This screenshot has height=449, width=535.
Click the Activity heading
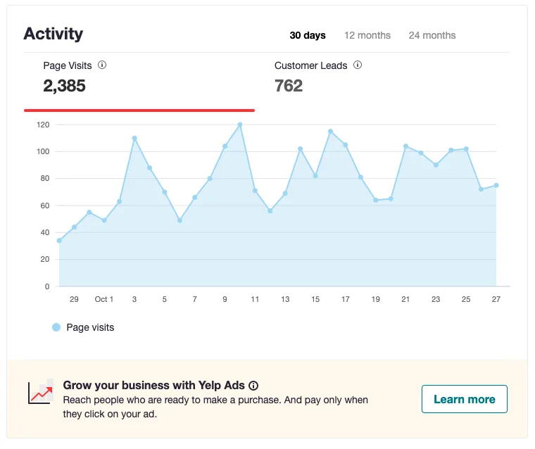[x=53, y=34]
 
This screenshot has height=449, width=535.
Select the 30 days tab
[x=308, y=35]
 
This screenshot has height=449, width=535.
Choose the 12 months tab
[x=367, y=35]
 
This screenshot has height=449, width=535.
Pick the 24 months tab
[x=432, y=35]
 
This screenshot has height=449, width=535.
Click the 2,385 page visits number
[x=65, y=86]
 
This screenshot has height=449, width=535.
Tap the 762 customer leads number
[x=289, y=86]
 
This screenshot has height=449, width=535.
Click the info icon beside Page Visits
[x=102, y=65]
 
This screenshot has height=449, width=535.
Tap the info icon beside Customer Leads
[x=358, y=65]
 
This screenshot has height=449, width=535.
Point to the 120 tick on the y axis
[x=43, y=125]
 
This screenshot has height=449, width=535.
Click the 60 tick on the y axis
[x=45, y=205]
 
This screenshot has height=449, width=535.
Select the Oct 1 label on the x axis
[x=104, y=299]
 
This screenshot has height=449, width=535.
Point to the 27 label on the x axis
[x=496, y=299]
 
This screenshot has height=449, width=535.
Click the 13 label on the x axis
[x=285, y=299]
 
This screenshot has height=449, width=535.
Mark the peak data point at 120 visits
[x=240, y=125]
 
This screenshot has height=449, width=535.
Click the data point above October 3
[x=134, y=138]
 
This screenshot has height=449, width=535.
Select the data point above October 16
[x=330, y=132]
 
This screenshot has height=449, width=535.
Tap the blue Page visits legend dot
[x=56, y=327]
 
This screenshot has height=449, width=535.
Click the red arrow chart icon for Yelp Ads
[x=40, y=392]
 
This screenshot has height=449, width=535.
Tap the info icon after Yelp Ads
[x=253, y=386]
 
